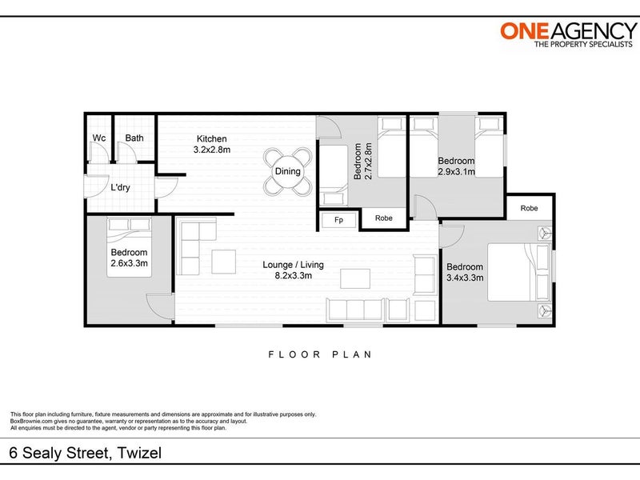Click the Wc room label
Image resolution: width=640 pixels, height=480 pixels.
coord(98,138)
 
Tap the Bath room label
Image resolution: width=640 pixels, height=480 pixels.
coord(134,138)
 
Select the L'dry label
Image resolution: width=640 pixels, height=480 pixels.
coord(120,188)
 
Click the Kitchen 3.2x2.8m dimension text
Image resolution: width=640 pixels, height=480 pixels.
coord(212,150)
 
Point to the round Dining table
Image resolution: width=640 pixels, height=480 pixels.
coord(288,171)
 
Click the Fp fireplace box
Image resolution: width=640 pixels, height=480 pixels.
coord(338,220)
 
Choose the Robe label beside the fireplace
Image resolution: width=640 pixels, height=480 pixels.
coord(384,218)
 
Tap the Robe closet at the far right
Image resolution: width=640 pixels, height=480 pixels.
coord(529,208)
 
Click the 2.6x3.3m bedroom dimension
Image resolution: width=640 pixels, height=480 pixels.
coord(129,263)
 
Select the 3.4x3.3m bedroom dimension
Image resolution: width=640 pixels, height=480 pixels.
coord(465,278)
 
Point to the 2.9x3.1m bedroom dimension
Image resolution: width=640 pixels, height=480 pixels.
coord(456,172)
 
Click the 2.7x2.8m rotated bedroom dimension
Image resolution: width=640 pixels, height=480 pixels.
coord(368,161)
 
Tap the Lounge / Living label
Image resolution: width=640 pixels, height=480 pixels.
coord(293,265)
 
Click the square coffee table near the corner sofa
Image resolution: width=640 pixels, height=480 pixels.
coord(224,262)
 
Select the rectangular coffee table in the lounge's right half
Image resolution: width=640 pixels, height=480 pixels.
coord(355,278)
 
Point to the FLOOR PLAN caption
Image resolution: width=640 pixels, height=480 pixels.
coord(320,354)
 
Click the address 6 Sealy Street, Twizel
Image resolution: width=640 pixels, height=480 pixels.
coord(86,453)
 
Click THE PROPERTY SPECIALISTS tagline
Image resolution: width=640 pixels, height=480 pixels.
coord(583,44)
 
